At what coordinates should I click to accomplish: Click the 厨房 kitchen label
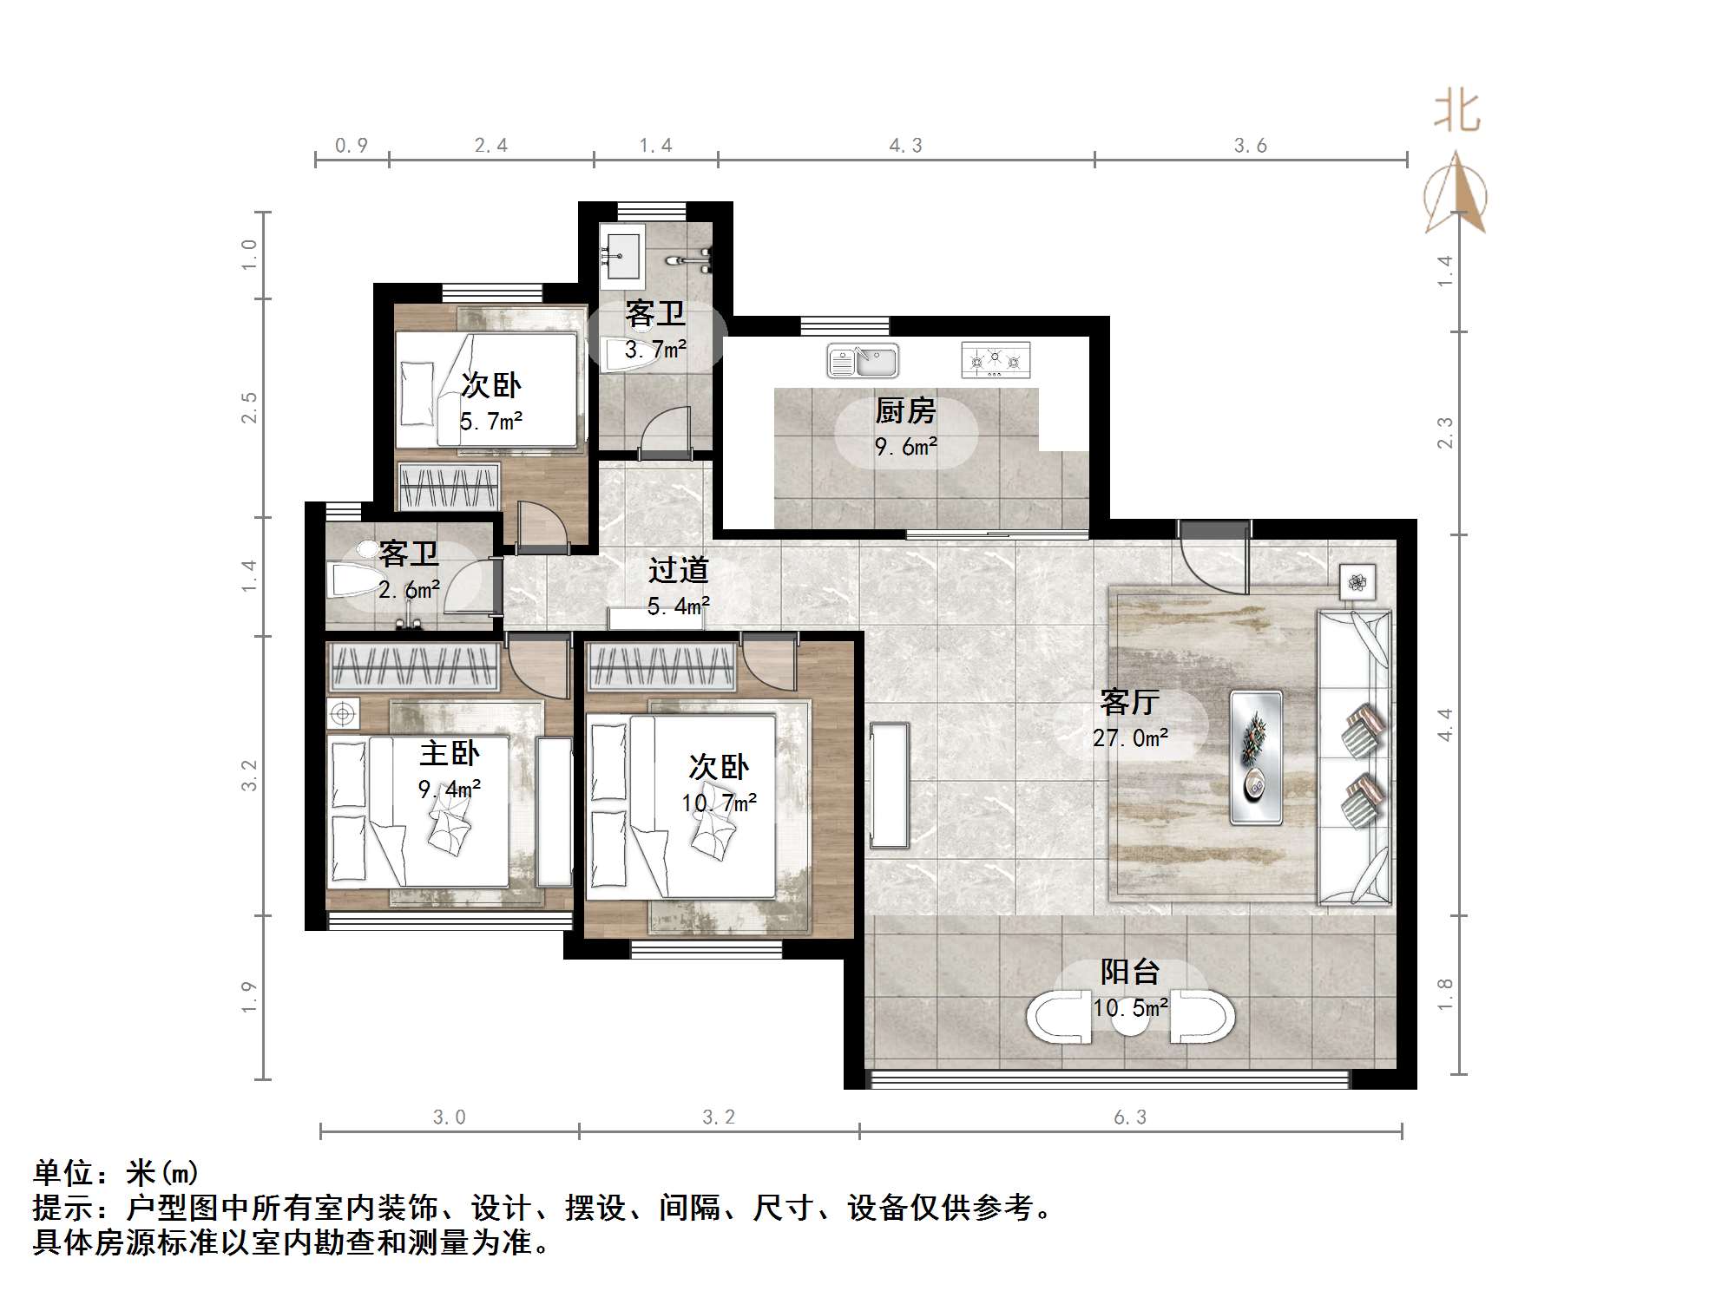coord(905,410)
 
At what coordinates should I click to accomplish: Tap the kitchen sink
coord(863,360)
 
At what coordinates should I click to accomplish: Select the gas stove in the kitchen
coord(996,359)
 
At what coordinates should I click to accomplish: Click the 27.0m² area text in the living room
coord(1130,738)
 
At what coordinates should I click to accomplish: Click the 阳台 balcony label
coord(1130,972)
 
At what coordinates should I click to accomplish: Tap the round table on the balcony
coord(1130,1019)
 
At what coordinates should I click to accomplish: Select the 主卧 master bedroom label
coord(449,753)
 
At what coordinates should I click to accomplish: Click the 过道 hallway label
coord(679,570)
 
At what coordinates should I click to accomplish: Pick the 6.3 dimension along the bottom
coord(1130,1117)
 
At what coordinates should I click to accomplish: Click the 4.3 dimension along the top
coord(905,146)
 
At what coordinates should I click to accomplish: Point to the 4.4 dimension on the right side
coord(1444,724)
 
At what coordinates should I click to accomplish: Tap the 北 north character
coord(1456,112)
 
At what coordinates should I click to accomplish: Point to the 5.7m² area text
coord(490,422)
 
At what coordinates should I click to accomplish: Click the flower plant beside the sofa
coord(1357,581)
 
